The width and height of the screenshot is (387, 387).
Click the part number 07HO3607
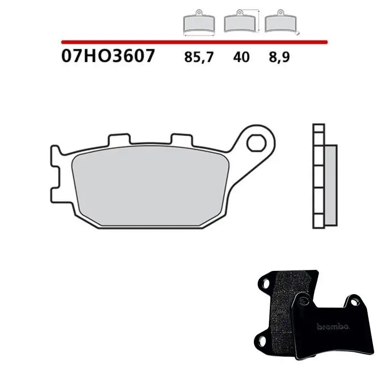108,56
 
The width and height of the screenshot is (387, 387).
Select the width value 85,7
199,58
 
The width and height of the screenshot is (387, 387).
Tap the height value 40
241,57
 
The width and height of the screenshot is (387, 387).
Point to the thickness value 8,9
279,58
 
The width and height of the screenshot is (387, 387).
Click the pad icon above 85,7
199,23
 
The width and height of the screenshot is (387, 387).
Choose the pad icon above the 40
239,22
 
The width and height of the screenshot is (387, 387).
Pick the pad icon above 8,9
281,22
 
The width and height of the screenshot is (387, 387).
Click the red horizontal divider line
194,42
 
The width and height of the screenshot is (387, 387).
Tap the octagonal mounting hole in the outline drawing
256,143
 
